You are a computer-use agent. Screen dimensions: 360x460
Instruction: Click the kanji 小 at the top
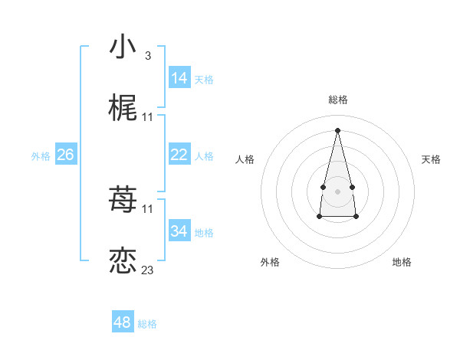pyautogui.click(x=123, y=47)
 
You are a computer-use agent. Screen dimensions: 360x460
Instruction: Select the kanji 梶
pyautogui.click(x=123, y=109)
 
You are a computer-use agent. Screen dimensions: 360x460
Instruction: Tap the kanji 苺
pyautogui.click(x=123, y=201)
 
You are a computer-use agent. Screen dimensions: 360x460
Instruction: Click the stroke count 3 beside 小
pyautogui.click(x=147, y=56)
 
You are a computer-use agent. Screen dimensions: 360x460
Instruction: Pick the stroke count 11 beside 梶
pyautogui.click(x=148, y=117)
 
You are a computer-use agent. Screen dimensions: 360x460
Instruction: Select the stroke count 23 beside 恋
pyautogui.click(x=148, y=270)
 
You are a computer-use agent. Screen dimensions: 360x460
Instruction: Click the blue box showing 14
pyautogui.click(x=179, y=78)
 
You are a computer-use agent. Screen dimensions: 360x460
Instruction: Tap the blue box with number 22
pyautogui.click(x=179, y=155)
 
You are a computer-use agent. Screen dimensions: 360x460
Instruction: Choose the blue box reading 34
pyautogui.click(x=179, y=231)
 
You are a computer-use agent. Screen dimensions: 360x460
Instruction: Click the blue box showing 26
pyautogui.click(x=65, y=155)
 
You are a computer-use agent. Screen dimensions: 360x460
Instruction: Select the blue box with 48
pyautogui.click(x=123, y=322)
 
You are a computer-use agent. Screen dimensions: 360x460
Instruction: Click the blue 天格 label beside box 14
pyautogui.click(x=204, y=80)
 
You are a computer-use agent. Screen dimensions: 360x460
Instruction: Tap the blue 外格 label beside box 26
pyautogui.click(x=41, y=156)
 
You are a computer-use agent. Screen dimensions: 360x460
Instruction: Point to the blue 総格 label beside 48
pyautogui.click(x=147, y=324)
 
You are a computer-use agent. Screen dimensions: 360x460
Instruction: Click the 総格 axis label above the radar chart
pyautogui.click(x=338, y=100)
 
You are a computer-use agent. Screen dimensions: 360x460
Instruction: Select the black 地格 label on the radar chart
pyautogui.click(x=402, y=262)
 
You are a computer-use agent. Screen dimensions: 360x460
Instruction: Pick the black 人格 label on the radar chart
pyautogui.click(x=245, y=159)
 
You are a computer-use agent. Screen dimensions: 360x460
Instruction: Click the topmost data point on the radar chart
pyautogui.click(x=337, y=130)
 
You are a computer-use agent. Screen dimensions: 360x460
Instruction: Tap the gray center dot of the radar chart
pyautogui.click(x=337, y=190)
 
